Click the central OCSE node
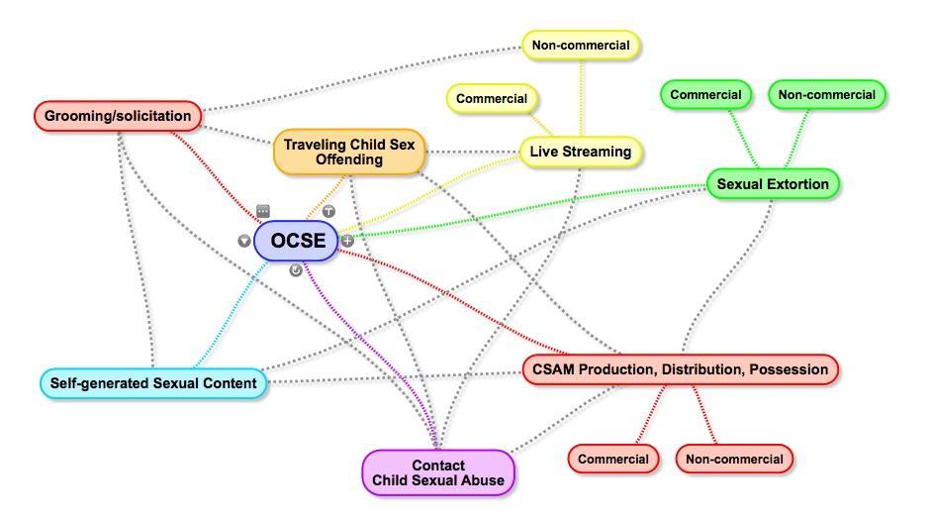297,241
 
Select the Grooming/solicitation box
118,116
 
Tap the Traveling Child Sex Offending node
348,152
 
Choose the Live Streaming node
581,152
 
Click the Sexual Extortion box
773,184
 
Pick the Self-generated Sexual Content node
153,383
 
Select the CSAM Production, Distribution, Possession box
680,369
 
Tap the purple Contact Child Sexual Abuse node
438,472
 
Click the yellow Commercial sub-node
492,99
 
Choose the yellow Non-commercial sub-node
581,45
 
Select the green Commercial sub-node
705,95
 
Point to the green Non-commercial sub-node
826,95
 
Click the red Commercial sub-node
613,459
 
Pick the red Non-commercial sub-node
734,459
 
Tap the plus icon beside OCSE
347,241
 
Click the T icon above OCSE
329,211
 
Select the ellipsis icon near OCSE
263,211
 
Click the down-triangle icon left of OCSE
244,241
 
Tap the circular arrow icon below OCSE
296,270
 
